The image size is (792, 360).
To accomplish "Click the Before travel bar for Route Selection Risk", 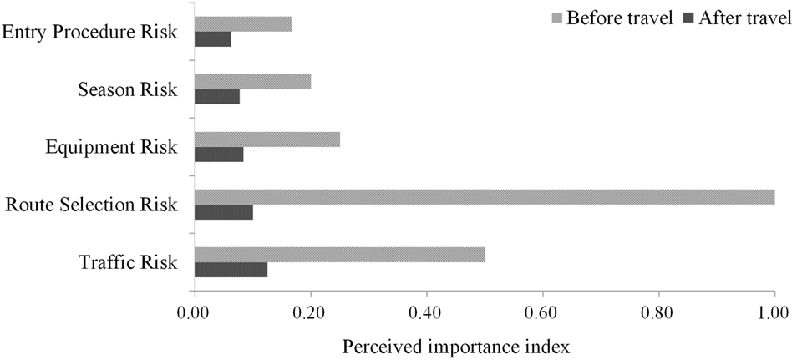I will click(x=485, y=197).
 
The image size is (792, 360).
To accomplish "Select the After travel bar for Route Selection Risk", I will click(x=224, y=212).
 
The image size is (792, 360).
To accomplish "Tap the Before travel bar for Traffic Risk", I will click(x=340, y=255).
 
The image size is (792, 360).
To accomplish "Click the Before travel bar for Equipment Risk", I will click(x=267, y=139).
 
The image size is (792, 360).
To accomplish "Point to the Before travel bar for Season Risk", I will click(x=253, y=81).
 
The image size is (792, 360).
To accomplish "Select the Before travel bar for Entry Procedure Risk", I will click(x=243, y=24).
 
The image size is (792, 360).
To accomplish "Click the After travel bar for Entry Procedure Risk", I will click(x=213, y=39).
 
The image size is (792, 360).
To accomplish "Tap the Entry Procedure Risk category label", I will click(x=89, y=33).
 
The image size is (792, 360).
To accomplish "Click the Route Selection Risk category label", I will click(x=91, y=205).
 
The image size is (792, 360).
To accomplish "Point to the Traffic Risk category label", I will click(x=128, y=262).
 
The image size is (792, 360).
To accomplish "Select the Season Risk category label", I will click(x=127, y=89).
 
